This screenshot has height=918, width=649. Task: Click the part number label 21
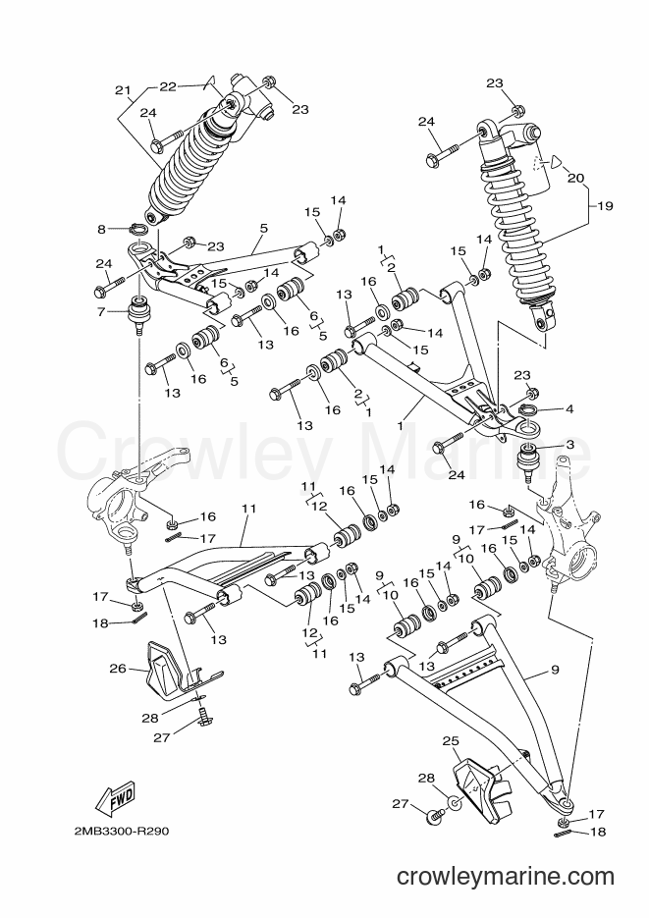[123, 90]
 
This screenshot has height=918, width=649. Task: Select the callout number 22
[168, 86]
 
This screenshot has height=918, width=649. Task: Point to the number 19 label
[605, 205]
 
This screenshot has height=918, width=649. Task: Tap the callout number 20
[575, 178]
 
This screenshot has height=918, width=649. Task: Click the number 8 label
[102, 230]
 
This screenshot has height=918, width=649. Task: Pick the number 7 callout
[102, 312]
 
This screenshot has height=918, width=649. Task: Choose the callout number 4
[569, 408]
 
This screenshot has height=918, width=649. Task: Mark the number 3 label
[569, 445]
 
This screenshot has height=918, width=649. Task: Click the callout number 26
[118, 668]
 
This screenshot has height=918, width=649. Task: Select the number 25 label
[450, 741]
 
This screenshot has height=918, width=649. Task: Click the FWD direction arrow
[116, 798]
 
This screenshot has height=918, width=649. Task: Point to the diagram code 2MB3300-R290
[122, 832]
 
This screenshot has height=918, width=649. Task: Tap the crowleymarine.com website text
[505, 877]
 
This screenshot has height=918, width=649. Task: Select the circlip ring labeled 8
[137, 229]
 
